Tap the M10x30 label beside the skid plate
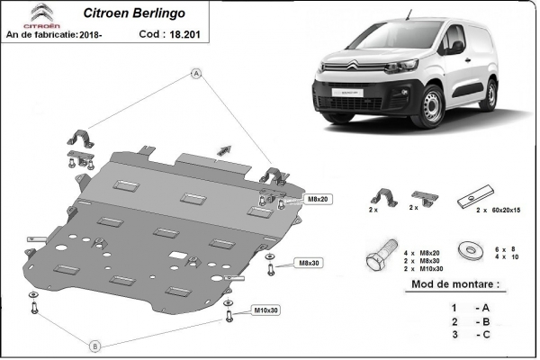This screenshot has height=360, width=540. click(x=265, y=310)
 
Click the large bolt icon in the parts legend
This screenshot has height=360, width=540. click(x=378, y=255)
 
